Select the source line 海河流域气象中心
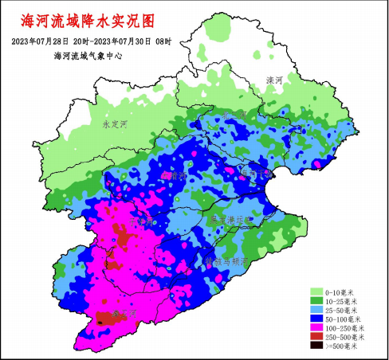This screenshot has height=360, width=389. [x=88, y=56]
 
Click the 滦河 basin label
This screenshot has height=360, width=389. [x=274, y=80]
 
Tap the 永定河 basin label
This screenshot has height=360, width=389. [x=115, y=124]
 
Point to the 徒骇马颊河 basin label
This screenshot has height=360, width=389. [x=227, y=260]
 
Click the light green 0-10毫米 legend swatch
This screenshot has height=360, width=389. [x=316, y=292]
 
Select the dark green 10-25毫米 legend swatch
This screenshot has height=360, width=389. [x=316, y=300]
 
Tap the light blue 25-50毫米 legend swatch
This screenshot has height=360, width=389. [x=316, y=309]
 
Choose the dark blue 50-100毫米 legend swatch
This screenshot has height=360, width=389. [x=316, y=318]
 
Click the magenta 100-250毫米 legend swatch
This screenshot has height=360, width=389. [x=316, y=327]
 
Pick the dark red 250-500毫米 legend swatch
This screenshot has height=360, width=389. [x=316, y=336]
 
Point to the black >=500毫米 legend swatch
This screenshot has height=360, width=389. [x=316, y=345]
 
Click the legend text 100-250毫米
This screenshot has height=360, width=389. [x=345, y=327]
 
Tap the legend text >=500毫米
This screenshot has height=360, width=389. [x=344, y=345]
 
